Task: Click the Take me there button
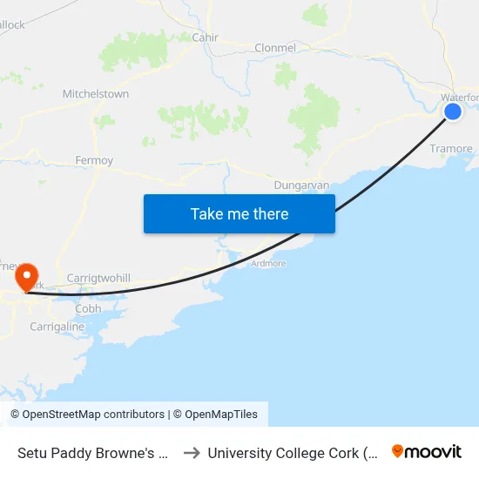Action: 239,213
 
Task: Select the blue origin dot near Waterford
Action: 453,111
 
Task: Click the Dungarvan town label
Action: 300,186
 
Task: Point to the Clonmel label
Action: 275,48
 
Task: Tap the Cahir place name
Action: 206,37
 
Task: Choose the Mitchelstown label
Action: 96,94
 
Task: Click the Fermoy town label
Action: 94,161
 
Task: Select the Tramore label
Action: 451,149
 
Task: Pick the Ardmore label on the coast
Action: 268,263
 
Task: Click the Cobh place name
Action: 88,308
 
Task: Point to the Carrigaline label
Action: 57,327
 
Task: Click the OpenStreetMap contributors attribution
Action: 88,415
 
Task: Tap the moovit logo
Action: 427,452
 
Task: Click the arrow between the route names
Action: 192,453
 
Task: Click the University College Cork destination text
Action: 293,453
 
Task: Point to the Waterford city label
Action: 459,98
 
